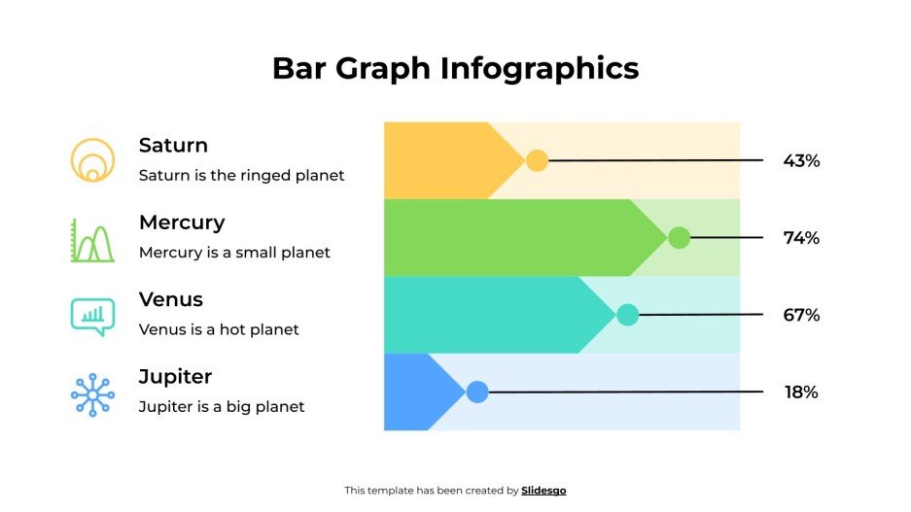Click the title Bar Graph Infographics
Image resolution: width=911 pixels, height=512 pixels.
click(x=455, y=68)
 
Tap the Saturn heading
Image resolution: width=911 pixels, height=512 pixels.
click(x=173, y=146)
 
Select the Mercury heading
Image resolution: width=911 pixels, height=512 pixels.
click(x=182, y=222)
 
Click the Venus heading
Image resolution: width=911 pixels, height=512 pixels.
click(x=171, y=299)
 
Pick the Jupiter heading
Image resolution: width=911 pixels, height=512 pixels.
click(x=175, y=376)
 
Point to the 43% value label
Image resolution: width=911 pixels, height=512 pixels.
click(x=801, y=161)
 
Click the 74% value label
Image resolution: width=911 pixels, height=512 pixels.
click(x=801, y=238)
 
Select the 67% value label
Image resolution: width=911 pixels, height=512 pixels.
click(x=801, y=315)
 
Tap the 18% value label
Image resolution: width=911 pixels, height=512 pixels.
click(x=801, y=393)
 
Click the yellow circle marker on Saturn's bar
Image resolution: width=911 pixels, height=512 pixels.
click(x=537, y=161)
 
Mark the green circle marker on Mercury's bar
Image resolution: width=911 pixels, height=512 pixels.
click(x=679, y=238)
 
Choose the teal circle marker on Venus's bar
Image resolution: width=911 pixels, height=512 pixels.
click(x=627, y=315)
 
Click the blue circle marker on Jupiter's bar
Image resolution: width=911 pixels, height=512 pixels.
click(x=476, y=393)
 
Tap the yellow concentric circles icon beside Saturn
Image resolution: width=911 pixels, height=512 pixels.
click(x=92, y=160)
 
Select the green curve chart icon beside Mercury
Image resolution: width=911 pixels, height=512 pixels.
click(x=92, y=240)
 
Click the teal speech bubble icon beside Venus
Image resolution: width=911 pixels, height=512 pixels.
click(x=92, y=316)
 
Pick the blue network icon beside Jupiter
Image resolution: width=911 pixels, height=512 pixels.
click(x=92, y=394)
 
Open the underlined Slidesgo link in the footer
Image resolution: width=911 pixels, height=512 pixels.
click(x=543, y=491)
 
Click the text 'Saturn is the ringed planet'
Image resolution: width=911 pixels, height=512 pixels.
click(x=241, y=176)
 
